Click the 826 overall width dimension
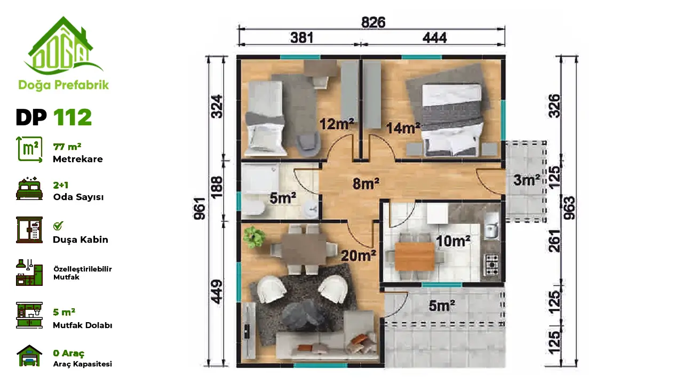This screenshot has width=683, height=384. pyautogui.click(x=373, y=22)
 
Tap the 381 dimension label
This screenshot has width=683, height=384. pyautogui.click(x=302, y=38)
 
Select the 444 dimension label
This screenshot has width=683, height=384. pyautogui.click(x=434, y=38)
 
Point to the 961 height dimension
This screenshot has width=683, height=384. pyautogui.click(x=200, y=209)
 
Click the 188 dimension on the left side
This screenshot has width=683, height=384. pyautogui.click(x=217, y=187)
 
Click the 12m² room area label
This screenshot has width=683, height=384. pyautogui.click(x=337, y=124)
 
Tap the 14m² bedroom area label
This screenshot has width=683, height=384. pyautogui.click(x=403, y=128)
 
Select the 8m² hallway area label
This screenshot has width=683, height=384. pyautogui.click(x=366, y=184)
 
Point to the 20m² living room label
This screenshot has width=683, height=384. pyautogui.click(x=359, y=255)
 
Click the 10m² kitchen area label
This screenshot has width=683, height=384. pyautogui.click(x=453, y=241)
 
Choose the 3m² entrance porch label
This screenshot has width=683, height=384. pyautogui.click(x=527, y=180)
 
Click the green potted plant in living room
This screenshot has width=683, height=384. pyautogui.click(x=253, y=237)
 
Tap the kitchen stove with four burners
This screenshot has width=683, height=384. pyautogui.click(x=491, y=265)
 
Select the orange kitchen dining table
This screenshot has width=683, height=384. pyautogui.click(x=415, y=257)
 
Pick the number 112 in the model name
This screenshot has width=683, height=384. pyautogui.click(x=72, y=117)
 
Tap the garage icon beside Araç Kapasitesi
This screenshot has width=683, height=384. pyautogui.click(x=29, y=355)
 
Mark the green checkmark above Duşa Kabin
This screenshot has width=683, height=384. pyautogui.click(x=58, y=226)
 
